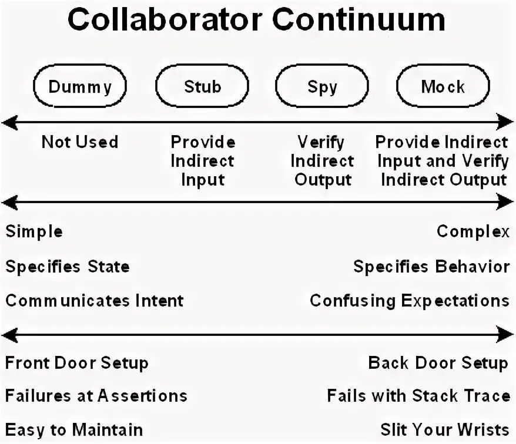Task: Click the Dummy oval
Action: (x=80, y=87)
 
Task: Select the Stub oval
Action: (x=202, y=87)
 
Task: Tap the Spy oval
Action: (x=323, y=87)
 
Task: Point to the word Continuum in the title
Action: (x=358, y=21)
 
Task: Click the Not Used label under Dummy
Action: (x=80, y=142)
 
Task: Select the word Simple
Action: (x=34, y=231)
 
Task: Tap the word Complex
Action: (x=473, y=231)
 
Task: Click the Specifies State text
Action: (x=68, y=267)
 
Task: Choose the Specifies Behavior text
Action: (x=431, y=267)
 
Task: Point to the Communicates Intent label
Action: (x=95, y=301)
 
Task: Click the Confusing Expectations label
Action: (x=410, y=301)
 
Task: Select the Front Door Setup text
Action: (x=76, y=363)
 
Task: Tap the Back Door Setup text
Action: (x=438, y=363)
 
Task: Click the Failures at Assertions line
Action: (x=96, y=396)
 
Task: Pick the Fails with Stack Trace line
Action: (x=418, y=396)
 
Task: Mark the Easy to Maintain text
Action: (x=74, y=429)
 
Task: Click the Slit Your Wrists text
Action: (x=445, y=429)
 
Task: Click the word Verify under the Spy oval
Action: (x=322, y=142)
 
